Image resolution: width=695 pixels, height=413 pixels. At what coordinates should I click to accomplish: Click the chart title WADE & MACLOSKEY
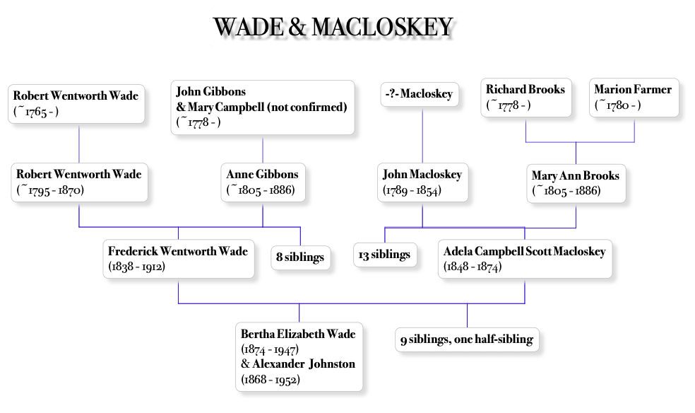[x=333, y=27]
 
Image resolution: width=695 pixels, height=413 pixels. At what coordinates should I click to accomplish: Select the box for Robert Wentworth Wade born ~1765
[x=78, y=103]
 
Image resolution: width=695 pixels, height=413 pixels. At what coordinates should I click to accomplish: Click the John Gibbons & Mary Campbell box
[x=263, y=106]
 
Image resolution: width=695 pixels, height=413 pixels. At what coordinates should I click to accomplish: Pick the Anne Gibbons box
[x=263, y=182]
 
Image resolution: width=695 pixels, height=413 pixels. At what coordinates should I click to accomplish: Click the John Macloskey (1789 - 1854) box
[x=422, y=182]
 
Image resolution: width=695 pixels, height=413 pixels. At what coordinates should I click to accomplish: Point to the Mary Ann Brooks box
[x=576, y=183]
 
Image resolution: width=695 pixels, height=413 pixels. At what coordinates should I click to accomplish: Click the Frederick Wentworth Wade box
[x=178, y=259]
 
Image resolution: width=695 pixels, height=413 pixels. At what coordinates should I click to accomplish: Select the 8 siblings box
[x=300, y=257]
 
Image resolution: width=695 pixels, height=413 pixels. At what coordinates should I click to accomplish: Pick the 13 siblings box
[x=385, y=255]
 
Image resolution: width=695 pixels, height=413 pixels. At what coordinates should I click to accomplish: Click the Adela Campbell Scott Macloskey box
[x=525, y=260]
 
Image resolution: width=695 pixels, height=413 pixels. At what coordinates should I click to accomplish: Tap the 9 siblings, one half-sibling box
[x=467, y=339]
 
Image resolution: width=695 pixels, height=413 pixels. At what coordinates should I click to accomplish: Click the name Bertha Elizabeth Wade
[x=297, y=335]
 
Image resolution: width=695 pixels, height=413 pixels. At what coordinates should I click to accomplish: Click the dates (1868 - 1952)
[x=271, y=379]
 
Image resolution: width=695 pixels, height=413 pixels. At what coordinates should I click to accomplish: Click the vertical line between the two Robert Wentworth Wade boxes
[x=79, y=145]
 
